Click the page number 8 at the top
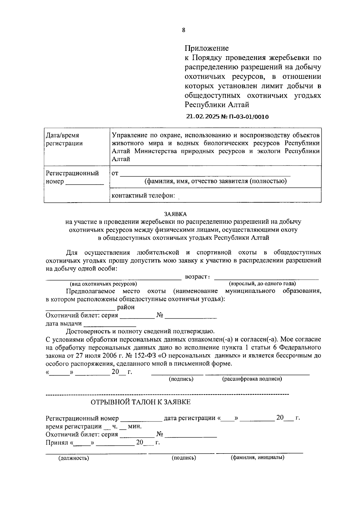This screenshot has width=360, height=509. tap(183, 30)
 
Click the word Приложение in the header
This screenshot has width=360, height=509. tap(206, 48)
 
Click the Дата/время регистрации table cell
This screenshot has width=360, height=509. tap(64, 139)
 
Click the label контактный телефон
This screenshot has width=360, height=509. tap(143, 196)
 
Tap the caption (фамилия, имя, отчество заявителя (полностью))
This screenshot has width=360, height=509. tap(215, 181)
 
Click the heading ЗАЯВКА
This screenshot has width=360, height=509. tap(175, 214)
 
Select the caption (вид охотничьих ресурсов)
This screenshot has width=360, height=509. tap(103, 284)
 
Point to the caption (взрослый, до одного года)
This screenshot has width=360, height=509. tap(262, 284)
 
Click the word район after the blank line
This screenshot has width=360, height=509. tap(126, 307)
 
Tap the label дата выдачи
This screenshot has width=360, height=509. tap(64, 323)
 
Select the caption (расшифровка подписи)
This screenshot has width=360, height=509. tap(252, 379)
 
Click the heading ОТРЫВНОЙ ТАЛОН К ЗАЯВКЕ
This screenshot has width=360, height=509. tap(140, 402)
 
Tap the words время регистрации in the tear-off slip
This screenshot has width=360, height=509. tap(73, 426)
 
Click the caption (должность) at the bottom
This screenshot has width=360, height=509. tap(74, 458)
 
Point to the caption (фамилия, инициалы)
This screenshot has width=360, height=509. tap(257, 458)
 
